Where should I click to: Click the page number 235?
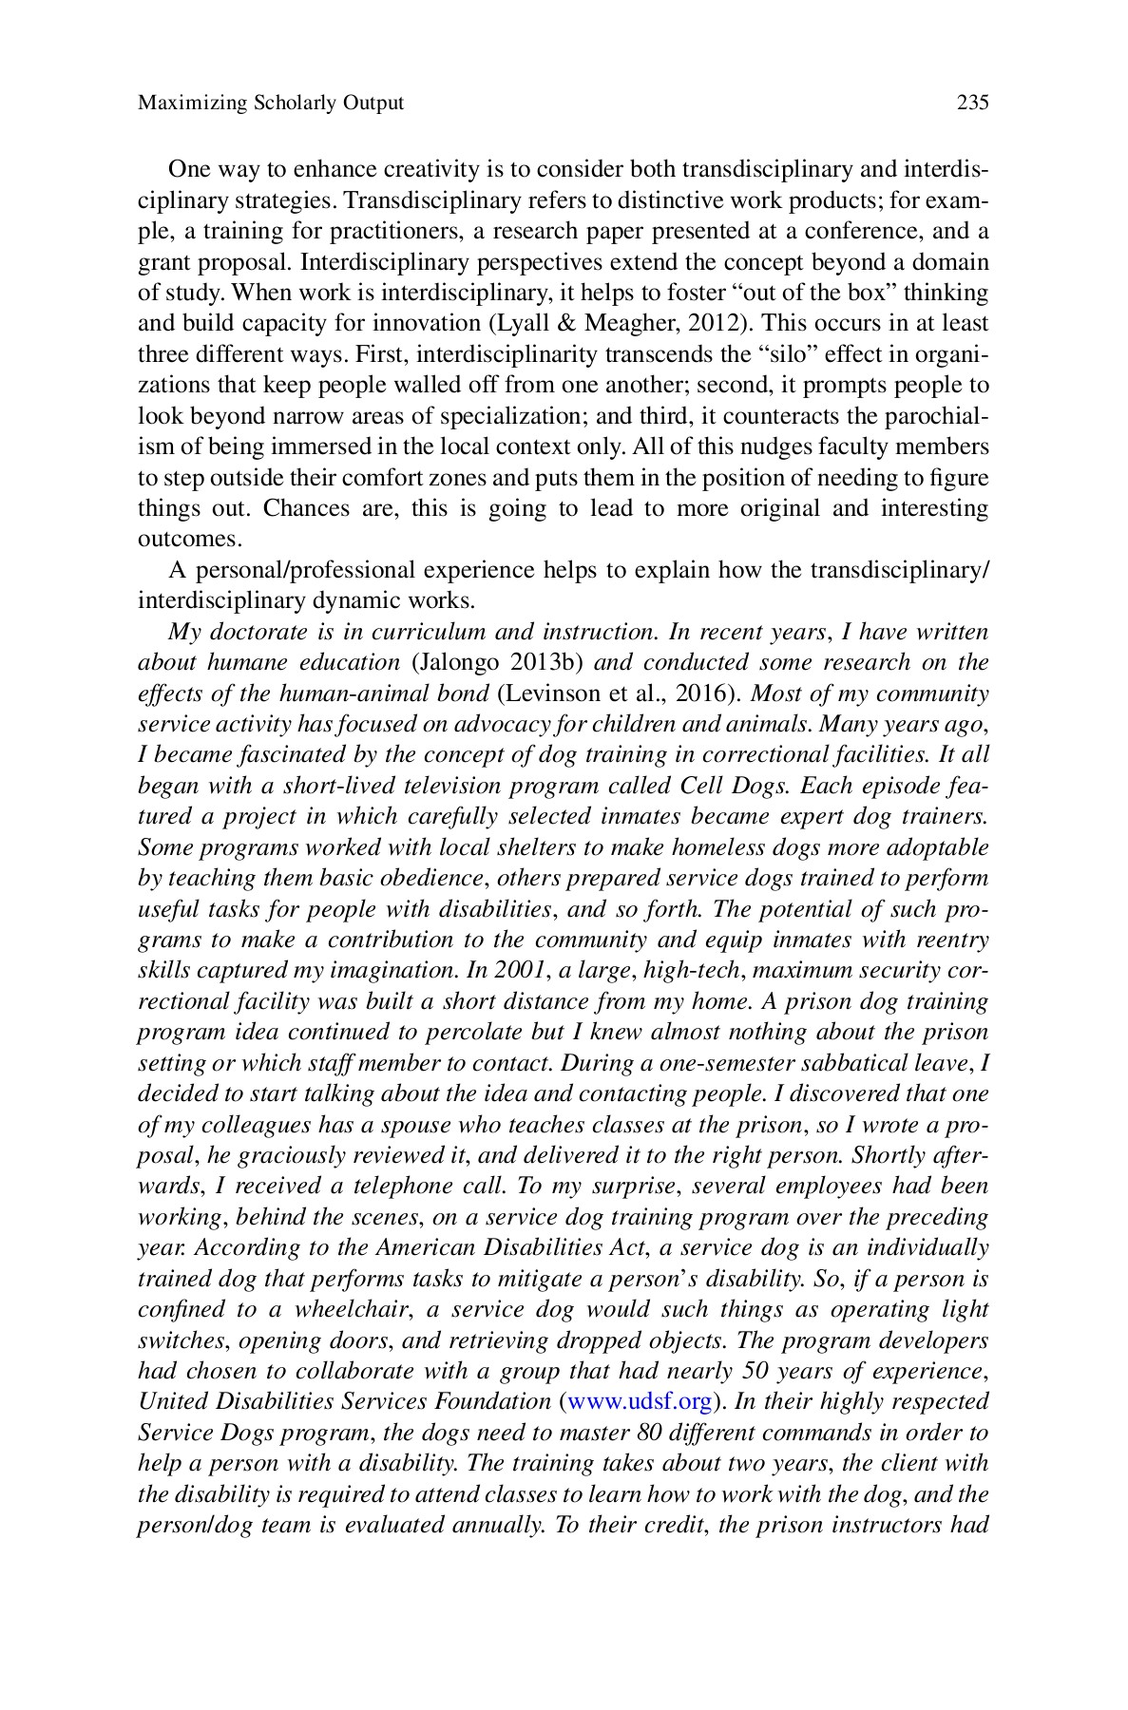point(972,103)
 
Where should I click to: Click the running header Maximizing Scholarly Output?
point(271,103)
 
